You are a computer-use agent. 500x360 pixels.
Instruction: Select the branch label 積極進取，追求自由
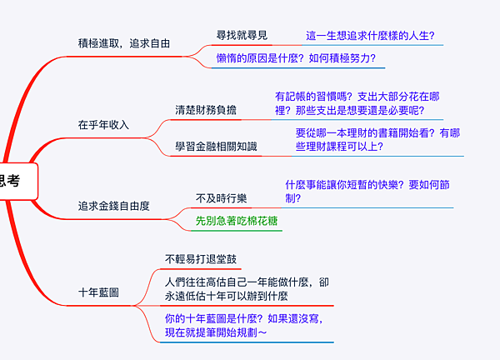coord(123,42)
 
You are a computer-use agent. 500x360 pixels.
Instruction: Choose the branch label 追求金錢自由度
coord(113,205)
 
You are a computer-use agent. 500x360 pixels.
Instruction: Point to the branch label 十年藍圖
coord(98,292)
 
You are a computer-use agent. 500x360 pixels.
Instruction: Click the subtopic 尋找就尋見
coord(242,35)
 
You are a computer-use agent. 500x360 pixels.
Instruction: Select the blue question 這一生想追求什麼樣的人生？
coord(371,36)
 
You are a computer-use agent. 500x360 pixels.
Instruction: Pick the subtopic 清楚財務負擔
coord(204,109)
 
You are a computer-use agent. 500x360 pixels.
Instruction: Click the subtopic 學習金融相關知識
coord(216,146)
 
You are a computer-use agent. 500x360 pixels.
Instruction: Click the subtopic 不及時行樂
coord(221,197)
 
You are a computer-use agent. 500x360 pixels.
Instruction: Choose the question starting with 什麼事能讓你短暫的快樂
coord(367,192)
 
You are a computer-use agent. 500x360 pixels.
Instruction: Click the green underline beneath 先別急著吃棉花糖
coord(237,231)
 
